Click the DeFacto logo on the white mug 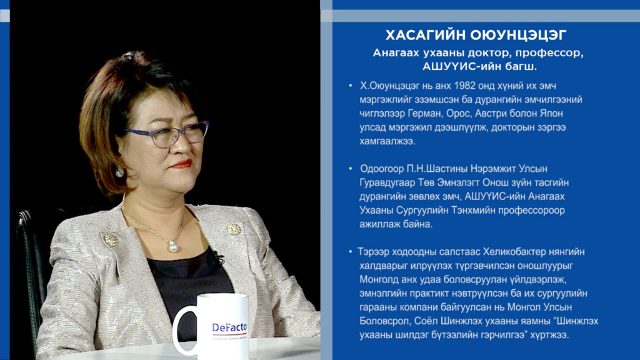click(x=229, y=327)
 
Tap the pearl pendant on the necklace click(x=174, y=246)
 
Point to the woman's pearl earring click(x=119, y=172)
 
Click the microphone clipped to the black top click(x=216, y=257)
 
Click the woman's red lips click(x=181, y=164)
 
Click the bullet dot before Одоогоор click(x=350, y=169)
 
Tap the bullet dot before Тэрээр click(x=350, y=252)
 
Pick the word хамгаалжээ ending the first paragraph click(x=387, y=141)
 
